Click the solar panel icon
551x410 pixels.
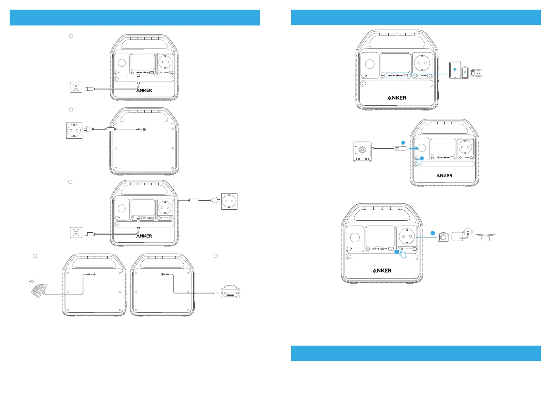(39, 291)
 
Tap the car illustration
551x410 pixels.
(230, 292)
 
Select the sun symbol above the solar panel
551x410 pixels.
(32, 282)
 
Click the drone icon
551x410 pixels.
(485, 236)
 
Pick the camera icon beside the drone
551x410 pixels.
(443, 237)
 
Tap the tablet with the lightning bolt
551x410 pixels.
(455, 70)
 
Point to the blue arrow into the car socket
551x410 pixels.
(414, 148)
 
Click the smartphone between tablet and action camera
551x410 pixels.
(465, 73)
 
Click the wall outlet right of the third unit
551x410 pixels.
(229, 201)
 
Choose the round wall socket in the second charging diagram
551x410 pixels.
(74, 130)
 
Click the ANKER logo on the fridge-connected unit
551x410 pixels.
(445, 176)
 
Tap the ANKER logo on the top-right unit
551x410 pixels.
(397, 98)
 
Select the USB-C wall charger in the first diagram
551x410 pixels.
(76, 87)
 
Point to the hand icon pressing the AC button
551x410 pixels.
(401, 254)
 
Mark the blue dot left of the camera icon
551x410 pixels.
(433, 233)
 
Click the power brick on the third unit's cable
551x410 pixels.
(193, 200)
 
